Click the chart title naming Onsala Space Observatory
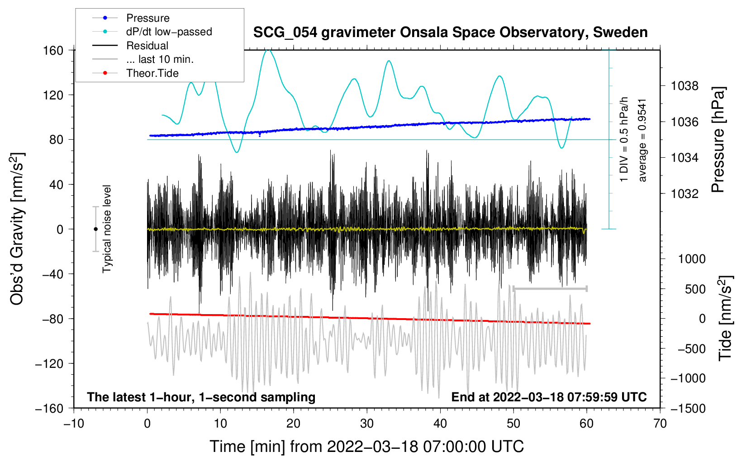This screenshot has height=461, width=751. point(450,33)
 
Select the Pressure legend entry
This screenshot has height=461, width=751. point(147,18)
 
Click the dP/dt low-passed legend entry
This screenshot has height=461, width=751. point(169,32)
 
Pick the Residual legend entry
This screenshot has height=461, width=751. point(147,46)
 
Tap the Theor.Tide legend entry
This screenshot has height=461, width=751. point(152,73)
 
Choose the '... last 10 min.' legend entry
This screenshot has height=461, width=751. point(160,59)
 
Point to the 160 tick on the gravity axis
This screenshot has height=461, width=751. point(53,51)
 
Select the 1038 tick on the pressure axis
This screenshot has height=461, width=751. point(684,86)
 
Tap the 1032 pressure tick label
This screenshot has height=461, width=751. point(684,194)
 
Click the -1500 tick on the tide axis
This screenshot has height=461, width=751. point(688,409)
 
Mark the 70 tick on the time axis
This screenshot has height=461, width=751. point(660,423)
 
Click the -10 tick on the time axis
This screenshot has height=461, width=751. point(74,423)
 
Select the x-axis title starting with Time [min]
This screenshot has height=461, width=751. point(366,447)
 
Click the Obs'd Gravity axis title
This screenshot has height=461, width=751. point(17,229)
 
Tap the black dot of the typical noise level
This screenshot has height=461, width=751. point(95,229)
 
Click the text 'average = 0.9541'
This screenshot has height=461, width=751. point(642,140)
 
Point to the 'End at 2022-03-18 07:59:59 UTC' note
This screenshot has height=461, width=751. point(549,397)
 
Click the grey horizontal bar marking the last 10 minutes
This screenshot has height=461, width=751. point(550,288)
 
